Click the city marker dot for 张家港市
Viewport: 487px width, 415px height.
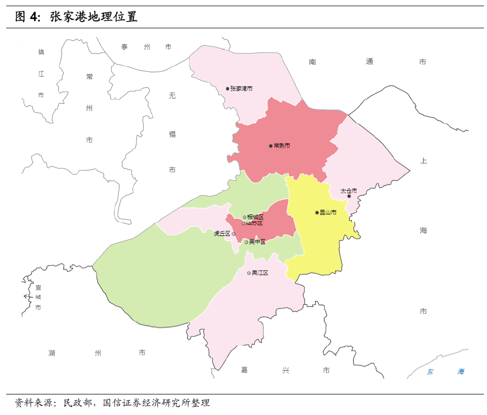click(228, 88)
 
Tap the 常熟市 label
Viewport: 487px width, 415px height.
click(282, 146)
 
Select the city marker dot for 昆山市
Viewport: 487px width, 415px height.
click(317, 212)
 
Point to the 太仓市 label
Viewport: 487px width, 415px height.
click(349, 191)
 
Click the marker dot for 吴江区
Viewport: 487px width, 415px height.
click(249, 273)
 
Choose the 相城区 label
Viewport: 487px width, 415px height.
click(255, 218)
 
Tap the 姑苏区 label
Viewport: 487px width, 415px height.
click(254, 223)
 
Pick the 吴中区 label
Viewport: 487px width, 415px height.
click(257, 242)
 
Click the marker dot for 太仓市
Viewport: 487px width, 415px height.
click(349, 196)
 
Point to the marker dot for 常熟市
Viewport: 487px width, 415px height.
click(271, 146)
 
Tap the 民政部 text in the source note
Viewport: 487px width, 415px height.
click(77, 403)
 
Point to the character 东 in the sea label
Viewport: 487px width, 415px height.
click(430, 372)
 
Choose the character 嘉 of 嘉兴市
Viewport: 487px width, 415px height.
click(245, 370)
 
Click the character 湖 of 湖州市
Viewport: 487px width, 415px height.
click(52, 353)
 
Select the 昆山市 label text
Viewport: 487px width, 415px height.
click(328, 212)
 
